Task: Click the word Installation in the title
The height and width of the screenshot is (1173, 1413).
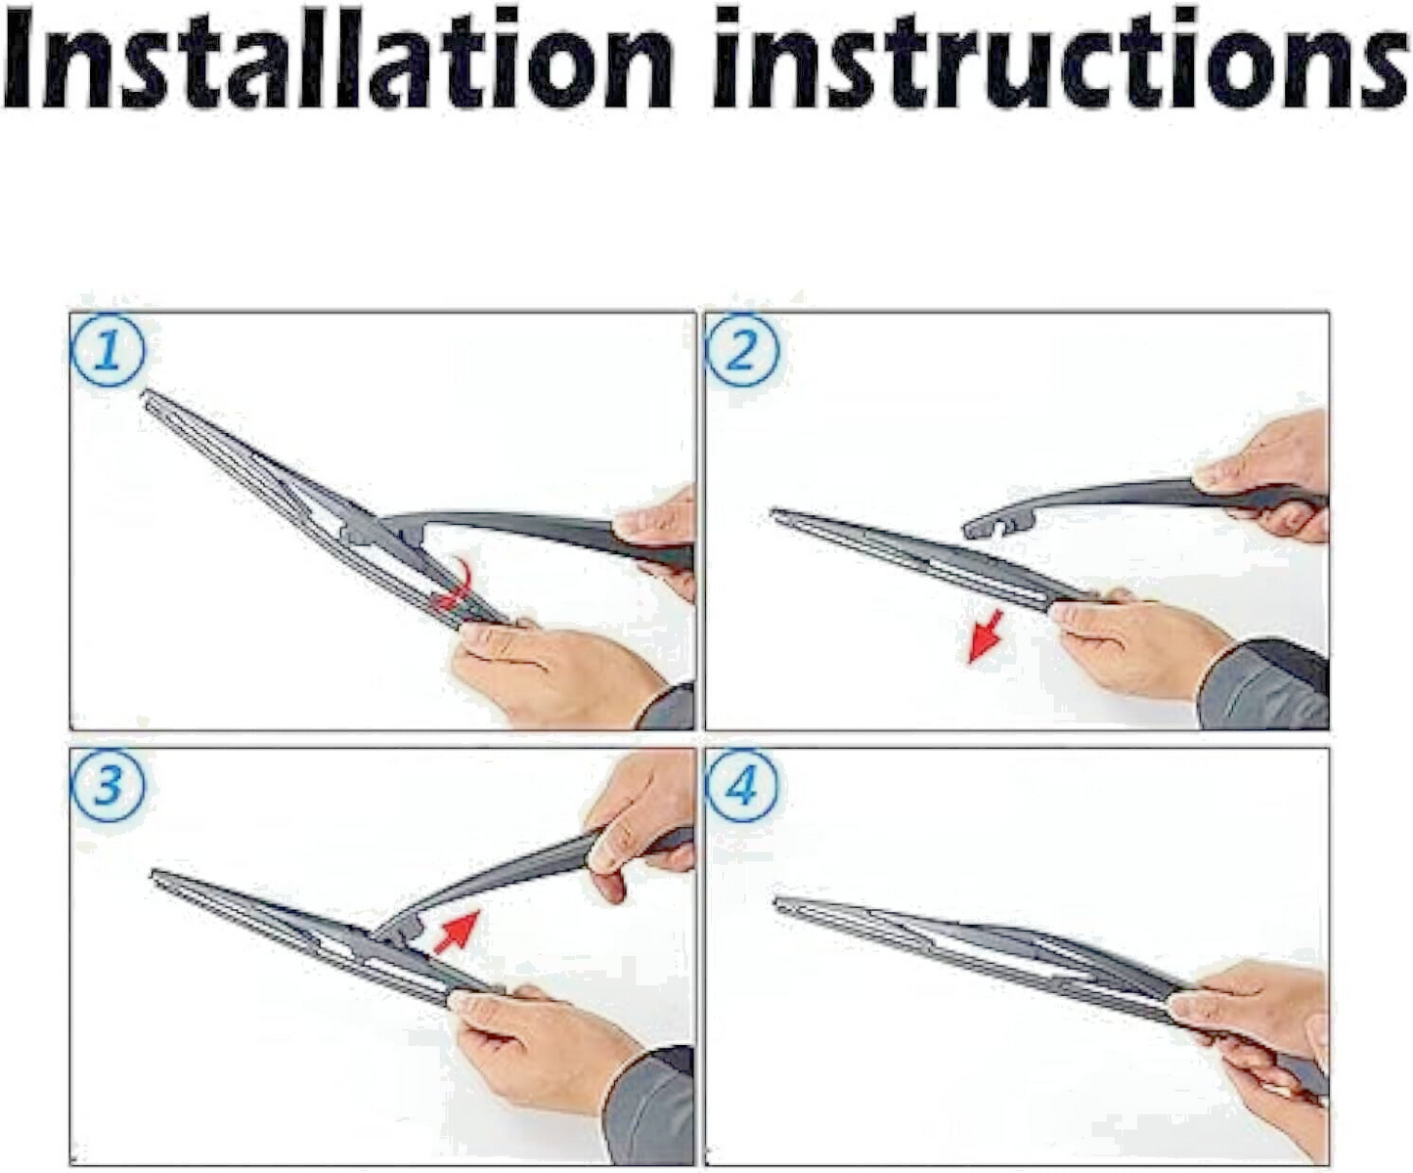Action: (x=338, y=60)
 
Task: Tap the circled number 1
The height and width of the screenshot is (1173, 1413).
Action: (x=108, y=353)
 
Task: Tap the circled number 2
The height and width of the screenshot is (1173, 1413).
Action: (x=742, y=351)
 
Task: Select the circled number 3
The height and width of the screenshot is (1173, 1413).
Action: (x=108, y=787)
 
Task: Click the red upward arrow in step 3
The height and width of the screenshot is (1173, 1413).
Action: (x=456, y=933)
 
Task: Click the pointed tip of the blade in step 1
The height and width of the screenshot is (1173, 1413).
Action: (x=145, y=394)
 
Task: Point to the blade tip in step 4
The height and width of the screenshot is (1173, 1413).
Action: (x=778, y=902)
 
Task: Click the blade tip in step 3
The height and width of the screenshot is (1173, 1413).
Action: (x=155, y=876)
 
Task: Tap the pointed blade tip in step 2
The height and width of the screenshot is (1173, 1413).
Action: (x=775, y=514)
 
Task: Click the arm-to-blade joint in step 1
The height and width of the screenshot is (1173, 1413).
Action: (x=374, y=529)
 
